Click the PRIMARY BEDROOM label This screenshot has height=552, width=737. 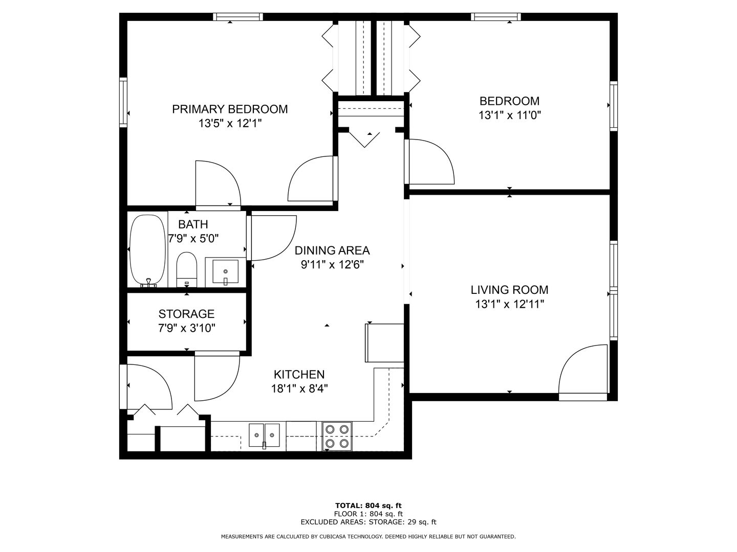[x=230, y=109]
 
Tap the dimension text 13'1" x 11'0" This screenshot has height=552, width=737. [x=509, y=116]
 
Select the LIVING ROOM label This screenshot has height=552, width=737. [x=509, y=290]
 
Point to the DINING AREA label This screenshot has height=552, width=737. [x=332, y=250]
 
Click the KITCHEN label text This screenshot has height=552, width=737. [x=299, y=374]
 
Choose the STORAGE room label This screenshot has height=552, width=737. [x=186, y=314]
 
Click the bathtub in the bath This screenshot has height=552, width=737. [x=148, y=251]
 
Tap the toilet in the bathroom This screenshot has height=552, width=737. [x=186, y=269]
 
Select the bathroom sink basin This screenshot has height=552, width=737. [x=225, y=271]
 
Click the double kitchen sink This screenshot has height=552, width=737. [x=264, y=435]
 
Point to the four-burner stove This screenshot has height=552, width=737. [x=337, y=436]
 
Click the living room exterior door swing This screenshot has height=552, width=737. [x=583, y=373]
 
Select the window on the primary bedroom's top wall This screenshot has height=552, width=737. [x=238, y=17]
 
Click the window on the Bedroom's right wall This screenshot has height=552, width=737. [x=614, y=106]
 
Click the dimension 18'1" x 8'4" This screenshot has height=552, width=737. [x=299, y=389]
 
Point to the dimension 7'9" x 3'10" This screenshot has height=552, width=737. [x=187, y=328]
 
